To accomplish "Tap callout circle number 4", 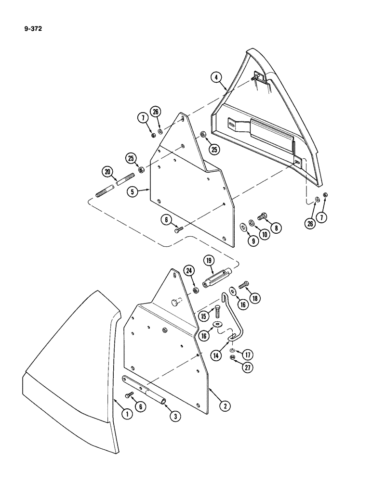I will coord(217,77).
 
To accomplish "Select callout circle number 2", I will coord(224,406).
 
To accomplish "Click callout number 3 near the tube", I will coord(176,417).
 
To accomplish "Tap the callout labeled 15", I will coord(204,316).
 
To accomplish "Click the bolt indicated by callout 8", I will coord(262,217).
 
